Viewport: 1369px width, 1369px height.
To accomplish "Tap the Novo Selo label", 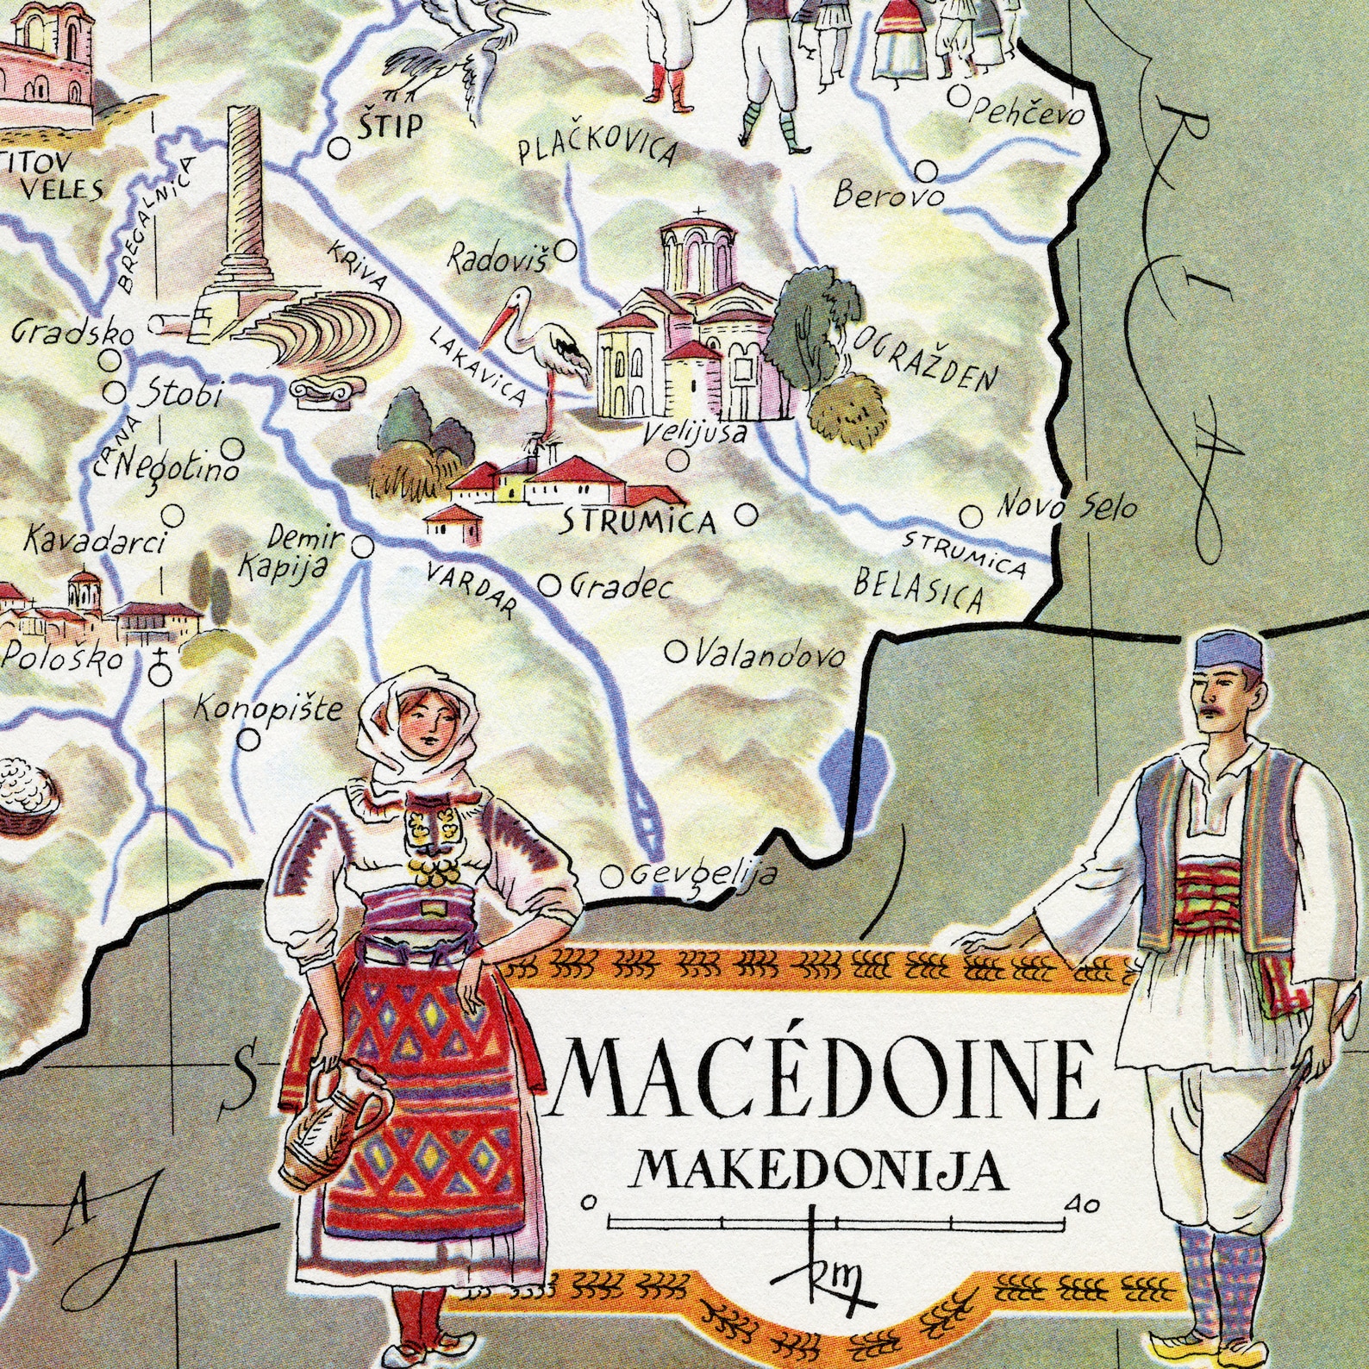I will [1066, 506].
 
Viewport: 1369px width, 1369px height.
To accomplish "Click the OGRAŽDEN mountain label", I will [925, 361].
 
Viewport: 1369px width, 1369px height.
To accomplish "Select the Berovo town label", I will [887, 195].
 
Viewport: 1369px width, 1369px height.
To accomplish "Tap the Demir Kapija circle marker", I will [363, 546].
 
